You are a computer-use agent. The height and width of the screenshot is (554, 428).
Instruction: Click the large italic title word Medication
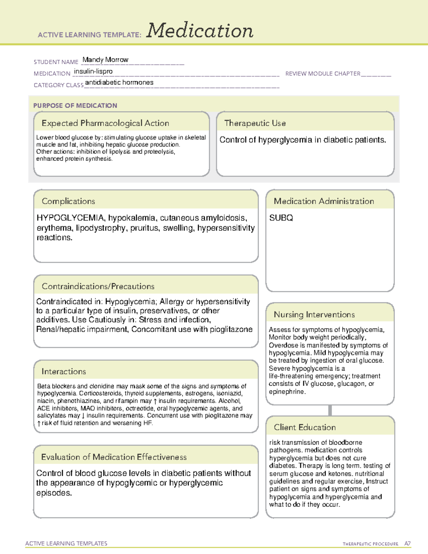coord(200,31)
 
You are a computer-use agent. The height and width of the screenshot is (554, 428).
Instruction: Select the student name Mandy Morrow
coord(105,60)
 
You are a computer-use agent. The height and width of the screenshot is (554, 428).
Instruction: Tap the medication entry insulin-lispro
coord(93,71)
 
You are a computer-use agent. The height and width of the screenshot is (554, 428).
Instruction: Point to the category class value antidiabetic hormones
coord(119,82)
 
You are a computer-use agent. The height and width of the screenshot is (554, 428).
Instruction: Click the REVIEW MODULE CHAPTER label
coord(323,73)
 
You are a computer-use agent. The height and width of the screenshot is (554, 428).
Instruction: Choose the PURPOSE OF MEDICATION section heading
coord(75,106)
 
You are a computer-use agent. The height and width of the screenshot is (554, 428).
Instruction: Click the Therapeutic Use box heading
coord(255,123)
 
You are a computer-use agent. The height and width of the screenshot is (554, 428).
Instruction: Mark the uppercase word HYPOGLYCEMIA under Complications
coord(70,218)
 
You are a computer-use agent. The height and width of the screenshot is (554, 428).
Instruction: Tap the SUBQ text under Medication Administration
coord(281,218)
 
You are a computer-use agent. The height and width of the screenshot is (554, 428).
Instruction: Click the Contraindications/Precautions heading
coord(98,286)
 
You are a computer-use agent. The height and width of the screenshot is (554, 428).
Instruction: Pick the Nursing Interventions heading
coord(314,314)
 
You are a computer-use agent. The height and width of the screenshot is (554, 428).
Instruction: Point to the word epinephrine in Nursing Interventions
coord(287,392)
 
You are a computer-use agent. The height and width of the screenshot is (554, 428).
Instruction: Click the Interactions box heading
coord(63,371)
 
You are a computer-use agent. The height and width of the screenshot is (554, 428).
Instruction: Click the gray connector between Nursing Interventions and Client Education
coord(330,410)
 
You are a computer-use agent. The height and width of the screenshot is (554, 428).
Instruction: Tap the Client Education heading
coord(305,427)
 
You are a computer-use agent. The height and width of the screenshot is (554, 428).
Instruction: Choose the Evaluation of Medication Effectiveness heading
coord(114,457)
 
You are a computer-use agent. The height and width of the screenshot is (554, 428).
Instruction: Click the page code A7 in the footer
coord(407,544)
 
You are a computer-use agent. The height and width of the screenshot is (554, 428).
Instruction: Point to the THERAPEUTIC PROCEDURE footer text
coord(370,544)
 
